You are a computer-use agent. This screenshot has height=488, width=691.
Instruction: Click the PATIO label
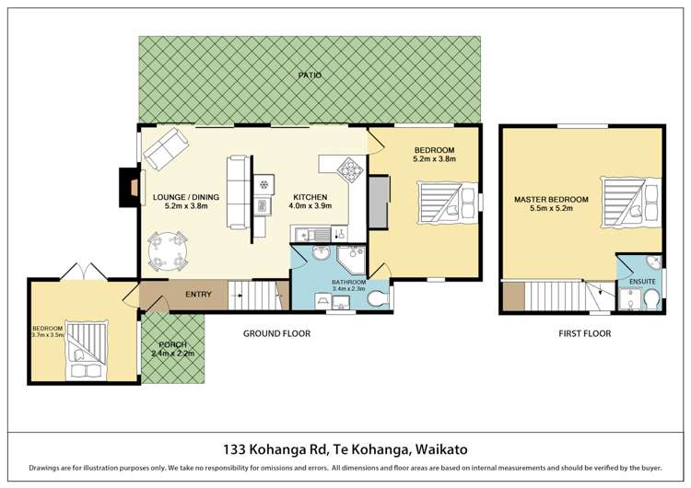point(310,75)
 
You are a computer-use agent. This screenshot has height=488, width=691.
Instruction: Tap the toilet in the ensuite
point(650,299)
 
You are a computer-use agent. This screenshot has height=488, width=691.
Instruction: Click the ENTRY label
point(198,295)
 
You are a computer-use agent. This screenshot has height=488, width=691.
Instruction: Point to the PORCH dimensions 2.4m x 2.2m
point(172,354)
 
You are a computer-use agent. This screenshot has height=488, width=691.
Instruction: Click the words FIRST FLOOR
point(584,333)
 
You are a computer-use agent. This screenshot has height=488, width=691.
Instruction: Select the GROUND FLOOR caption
point(276,333)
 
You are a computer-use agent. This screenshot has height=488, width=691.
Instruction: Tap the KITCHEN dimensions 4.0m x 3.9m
point(310,206)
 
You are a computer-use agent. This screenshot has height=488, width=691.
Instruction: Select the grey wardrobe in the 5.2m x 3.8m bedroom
point(378,201)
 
